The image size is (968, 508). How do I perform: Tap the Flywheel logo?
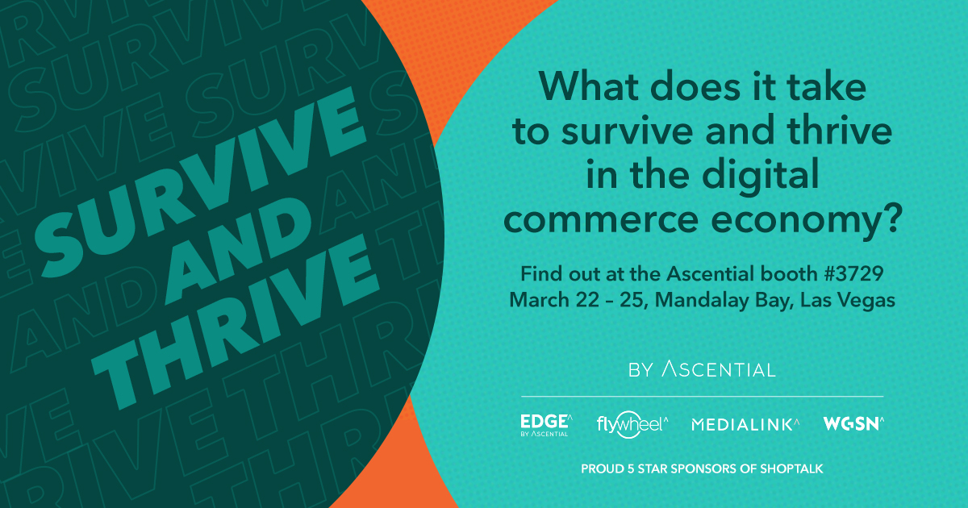pyautogui.click(x=632, y=425)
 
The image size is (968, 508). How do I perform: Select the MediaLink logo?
pyautogui.click(x=745, y=424)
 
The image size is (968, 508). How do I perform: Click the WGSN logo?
pyautogui.click(x=853, y=423)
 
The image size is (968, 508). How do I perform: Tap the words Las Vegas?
pyautogui.click(x=848, y=301)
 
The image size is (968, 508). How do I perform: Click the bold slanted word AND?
pyautogui.click(x=239, y=251)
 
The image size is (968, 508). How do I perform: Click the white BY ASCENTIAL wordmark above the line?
pyautogui.click(x=703, y=369)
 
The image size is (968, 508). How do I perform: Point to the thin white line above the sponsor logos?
pyautogui.click(x=703, y=396)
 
